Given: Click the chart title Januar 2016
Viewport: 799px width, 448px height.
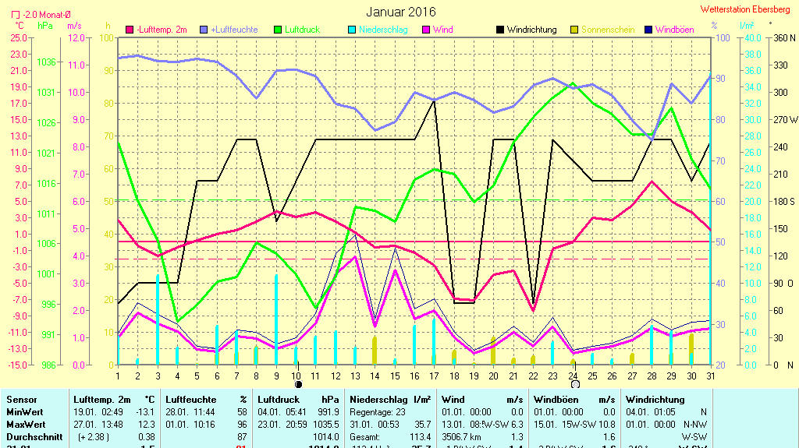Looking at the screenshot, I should pos(401,12).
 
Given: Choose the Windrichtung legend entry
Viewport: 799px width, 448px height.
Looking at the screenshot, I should pos(531,30).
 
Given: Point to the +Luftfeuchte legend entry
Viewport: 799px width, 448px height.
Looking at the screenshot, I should pos(234,30).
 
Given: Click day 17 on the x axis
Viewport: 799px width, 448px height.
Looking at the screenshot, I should pos(434,376).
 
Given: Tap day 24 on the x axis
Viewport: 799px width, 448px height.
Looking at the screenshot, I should pos(572,376).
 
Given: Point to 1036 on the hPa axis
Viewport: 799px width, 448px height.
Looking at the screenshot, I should pos(47,62).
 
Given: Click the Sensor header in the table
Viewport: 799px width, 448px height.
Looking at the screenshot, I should pos(22,400).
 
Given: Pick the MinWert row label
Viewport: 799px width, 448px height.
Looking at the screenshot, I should pos(26,412).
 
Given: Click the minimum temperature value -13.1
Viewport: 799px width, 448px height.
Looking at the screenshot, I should pos(146,412).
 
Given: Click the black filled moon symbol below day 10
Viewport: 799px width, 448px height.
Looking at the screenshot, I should pos(298,384).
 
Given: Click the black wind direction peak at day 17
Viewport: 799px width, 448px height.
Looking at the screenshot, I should pos(434,100).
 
